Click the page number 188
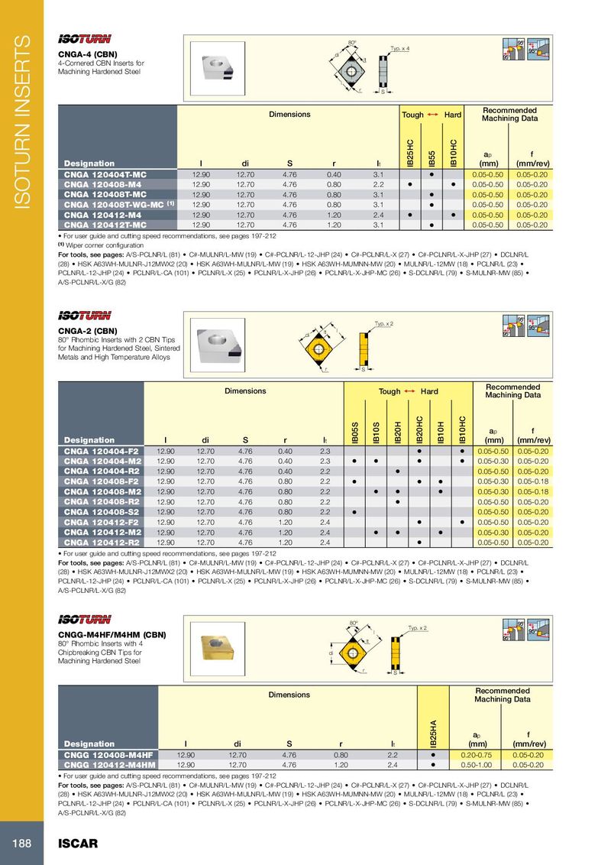[x=21, y=844]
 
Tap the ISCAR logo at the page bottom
[x=79, y=844]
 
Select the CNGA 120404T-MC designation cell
[x=105, y=175]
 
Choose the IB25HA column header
[x=432, y=730]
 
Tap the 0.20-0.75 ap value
[x=478, y=754]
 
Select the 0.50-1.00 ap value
[x=478, y=763]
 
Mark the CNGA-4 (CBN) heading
[x=88, y=54]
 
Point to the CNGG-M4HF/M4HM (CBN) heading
[x=112, y=635]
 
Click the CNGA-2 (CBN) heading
[x=88, y=331]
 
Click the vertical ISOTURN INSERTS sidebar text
[x=23, y=122]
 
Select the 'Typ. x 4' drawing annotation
[x=399, y=48]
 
